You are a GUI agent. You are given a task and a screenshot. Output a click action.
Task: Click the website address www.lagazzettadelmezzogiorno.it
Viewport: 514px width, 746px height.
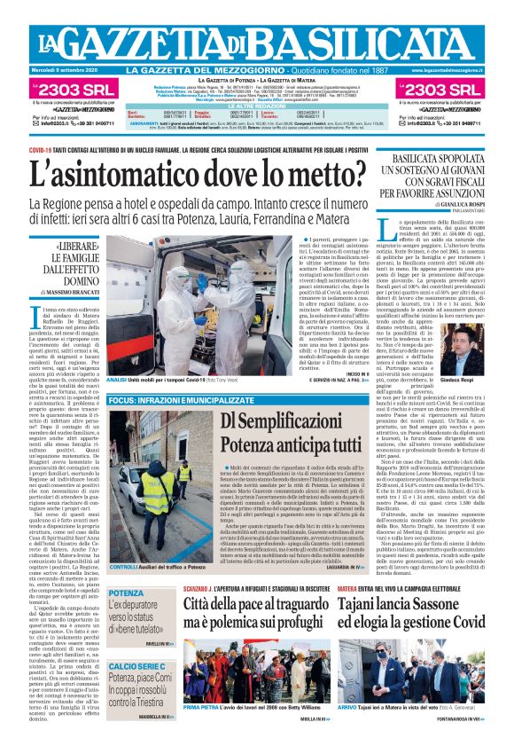coord(451,71)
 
